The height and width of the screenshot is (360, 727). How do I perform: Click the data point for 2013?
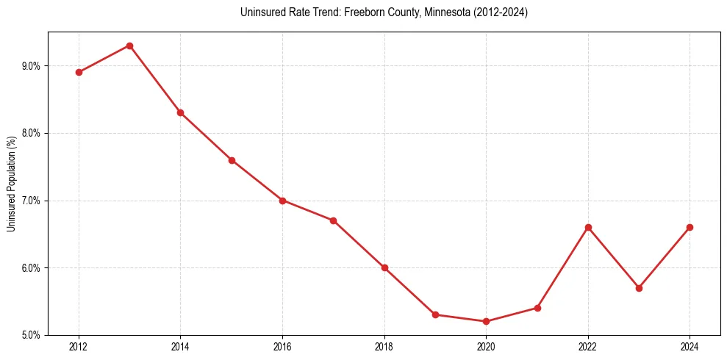click(x=129, y=46)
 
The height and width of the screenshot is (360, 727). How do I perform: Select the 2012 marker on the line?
click(x=79, y=72)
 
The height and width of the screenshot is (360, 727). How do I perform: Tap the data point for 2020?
click(x=486, y=321)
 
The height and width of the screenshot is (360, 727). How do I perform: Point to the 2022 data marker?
click(x=588, y=227)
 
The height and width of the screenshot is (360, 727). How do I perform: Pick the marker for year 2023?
click(x=639, y=288)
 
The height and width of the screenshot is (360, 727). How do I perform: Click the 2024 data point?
click(x=690, y=227)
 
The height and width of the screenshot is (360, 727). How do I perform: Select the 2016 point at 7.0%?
click(x=282, y=201)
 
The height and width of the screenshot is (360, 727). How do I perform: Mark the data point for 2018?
click(x=384, y=267)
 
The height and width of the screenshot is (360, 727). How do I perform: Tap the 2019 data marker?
click(x=435, y=314)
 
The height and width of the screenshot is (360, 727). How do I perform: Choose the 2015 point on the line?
click(x=232, y=160)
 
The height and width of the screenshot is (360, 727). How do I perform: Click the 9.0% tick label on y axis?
click(x=31, y=66)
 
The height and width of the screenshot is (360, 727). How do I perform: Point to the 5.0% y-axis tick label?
click(x=31, y=335)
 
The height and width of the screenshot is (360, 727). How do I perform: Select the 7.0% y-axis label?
click(x=31, y=201)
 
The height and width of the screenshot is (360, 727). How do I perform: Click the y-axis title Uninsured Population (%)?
click(x=11, y=184)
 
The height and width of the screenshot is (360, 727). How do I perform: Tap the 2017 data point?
click(x=333, y=220)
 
